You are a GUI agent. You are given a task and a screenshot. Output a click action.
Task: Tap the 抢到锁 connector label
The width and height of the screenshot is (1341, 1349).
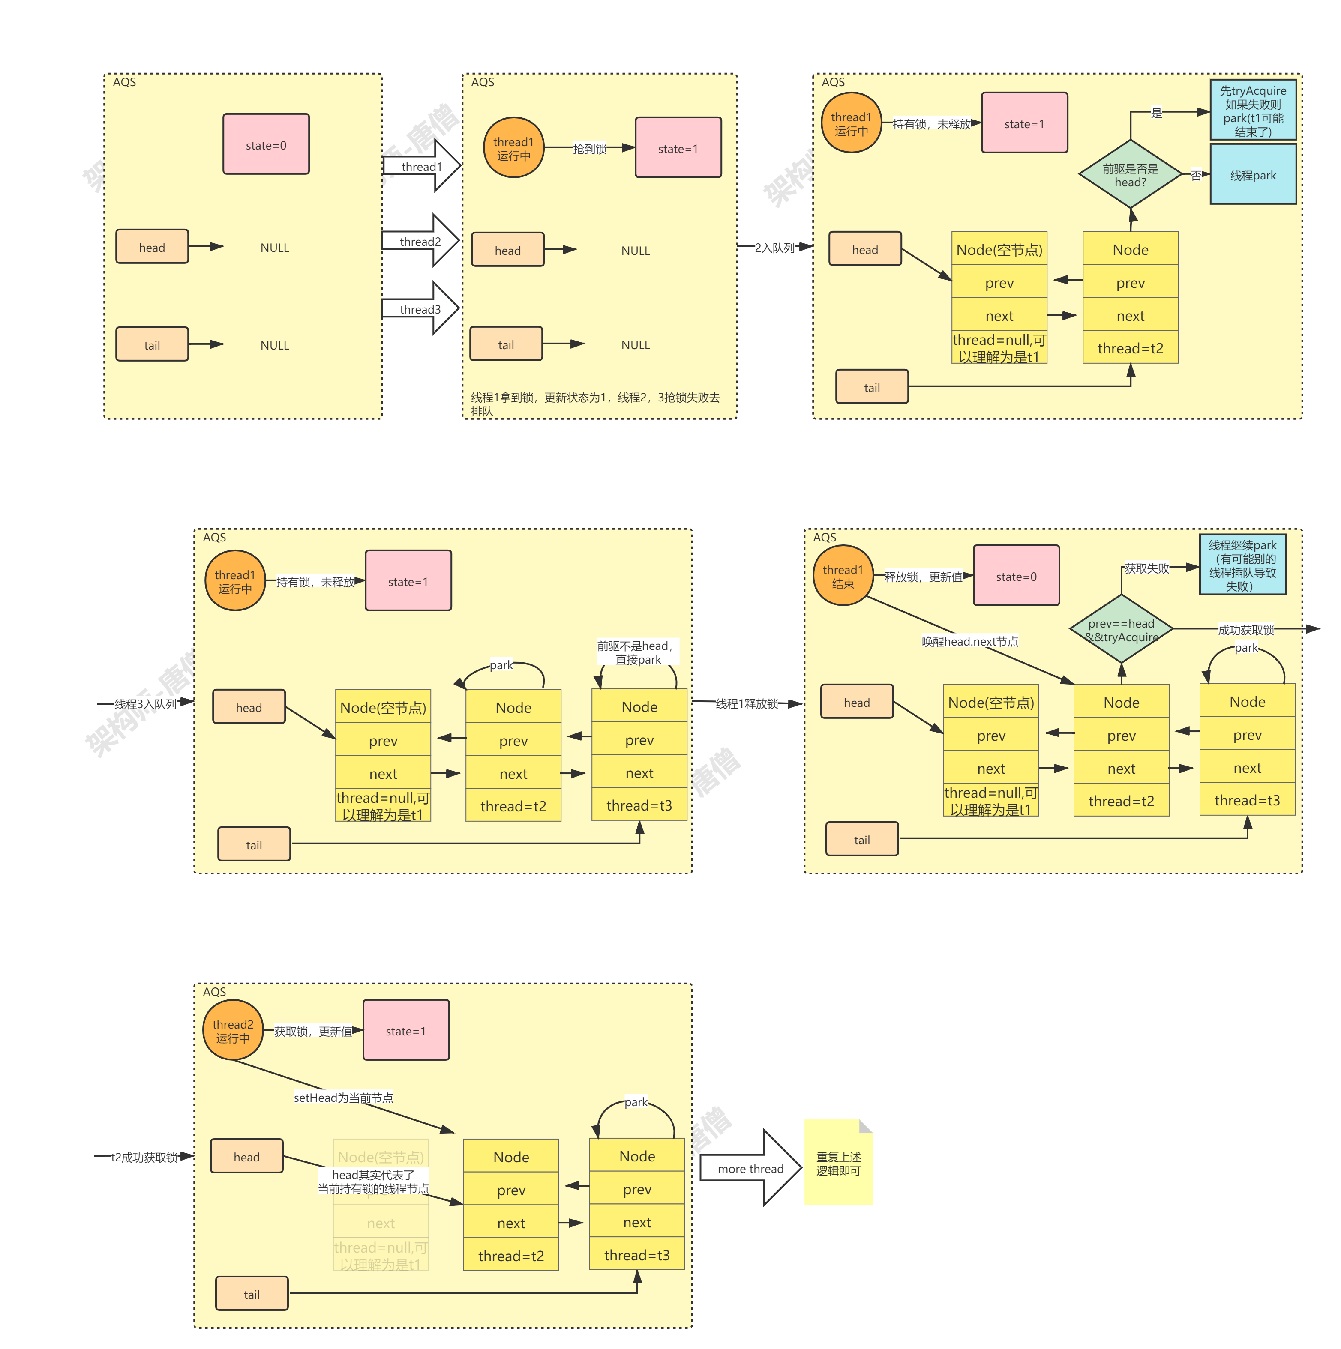pos(589,149)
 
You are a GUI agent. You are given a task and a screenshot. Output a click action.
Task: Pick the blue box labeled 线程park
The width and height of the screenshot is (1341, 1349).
pos(1253,175)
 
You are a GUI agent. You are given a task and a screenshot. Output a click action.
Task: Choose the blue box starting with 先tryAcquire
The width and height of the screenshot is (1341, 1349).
pos(1253,111)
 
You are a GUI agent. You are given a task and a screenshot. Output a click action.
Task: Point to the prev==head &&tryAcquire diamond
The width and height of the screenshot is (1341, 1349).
pos(1121,630)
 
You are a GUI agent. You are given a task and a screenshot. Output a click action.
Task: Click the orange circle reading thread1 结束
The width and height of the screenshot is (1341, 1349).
pos(843,577)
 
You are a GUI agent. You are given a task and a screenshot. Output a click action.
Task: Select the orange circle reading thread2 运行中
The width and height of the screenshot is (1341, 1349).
pos(233,1031)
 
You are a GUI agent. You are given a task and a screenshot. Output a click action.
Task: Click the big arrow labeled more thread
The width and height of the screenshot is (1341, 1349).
pos(751,1169)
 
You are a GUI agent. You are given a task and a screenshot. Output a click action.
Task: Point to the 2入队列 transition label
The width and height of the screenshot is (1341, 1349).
pos(774,247)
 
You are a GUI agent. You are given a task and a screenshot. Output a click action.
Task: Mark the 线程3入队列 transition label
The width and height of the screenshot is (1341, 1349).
pos(145,704)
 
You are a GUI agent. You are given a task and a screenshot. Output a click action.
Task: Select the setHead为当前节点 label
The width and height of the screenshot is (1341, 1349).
pos(343,1098)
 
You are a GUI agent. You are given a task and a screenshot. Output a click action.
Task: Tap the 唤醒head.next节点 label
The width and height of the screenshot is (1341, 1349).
pos(969,641)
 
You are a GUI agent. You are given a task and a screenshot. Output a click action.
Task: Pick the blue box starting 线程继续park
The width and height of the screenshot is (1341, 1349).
pos(1242,565)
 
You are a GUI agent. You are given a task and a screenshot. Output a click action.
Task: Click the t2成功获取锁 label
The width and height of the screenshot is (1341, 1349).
pos(144,1157)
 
